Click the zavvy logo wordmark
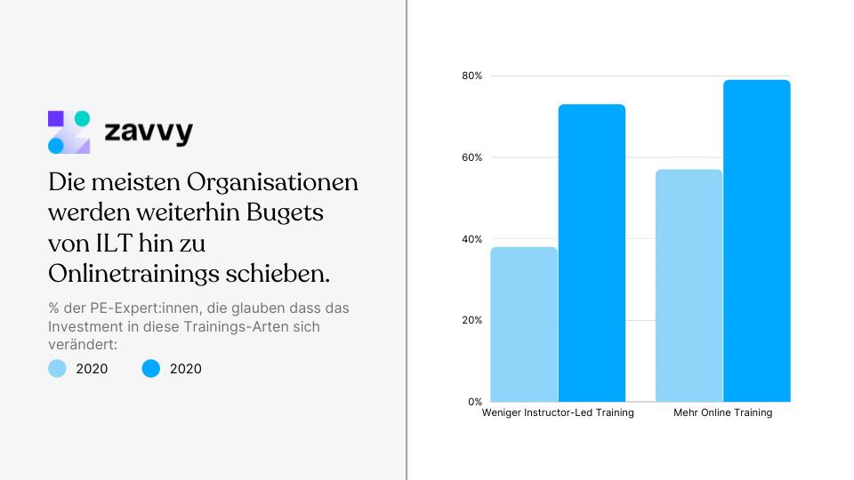click(149, 133)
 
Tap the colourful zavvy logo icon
click(68, 132)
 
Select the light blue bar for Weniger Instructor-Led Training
click(524, 324)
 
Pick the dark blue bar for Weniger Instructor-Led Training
click(592, 253)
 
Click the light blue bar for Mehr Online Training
click(689, 285)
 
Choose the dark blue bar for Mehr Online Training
click(756, 241)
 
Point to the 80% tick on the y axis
click(471, 76)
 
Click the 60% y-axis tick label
click(471, 157)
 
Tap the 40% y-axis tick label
click(471, 239)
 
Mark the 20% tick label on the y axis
click(471, 320)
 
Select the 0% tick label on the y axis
click(474, 402)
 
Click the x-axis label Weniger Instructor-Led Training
click(558, 413)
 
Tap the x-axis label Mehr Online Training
click(722, 413)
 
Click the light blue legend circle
click(57, 368)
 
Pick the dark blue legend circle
click(151, 368)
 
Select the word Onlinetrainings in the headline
click(137, 275)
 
